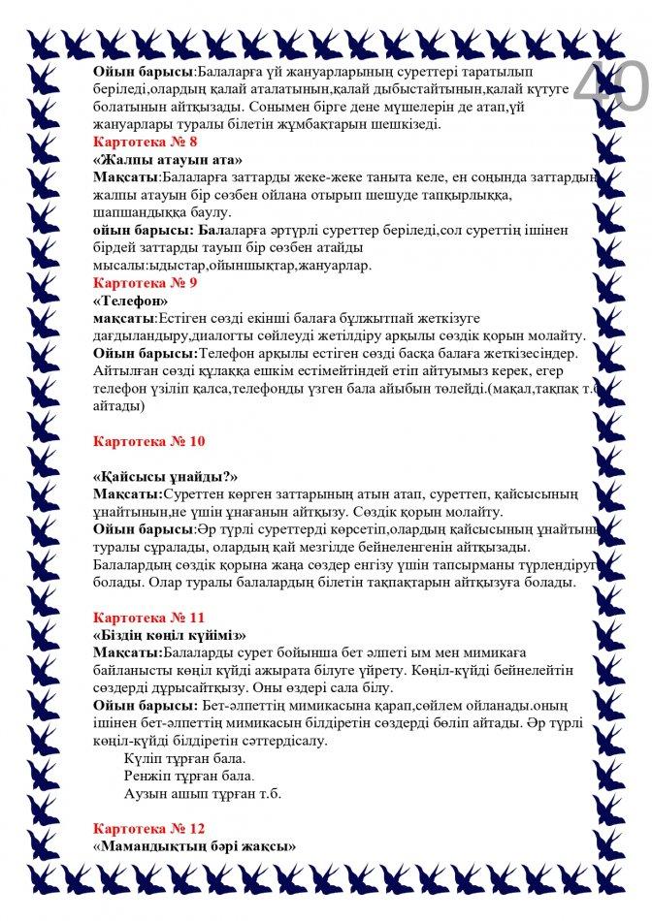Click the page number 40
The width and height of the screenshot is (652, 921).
coord(609,87)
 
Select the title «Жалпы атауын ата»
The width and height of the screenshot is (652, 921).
coord(167,159)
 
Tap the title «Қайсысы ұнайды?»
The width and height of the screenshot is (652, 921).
coord(166,477)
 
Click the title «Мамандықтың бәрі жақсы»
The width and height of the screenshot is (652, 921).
coord(193,846)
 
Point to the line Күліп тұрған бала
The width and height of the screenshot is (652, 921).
coord(185,758)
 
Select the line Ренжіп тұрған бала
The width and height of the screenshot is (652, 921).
coord(187,776)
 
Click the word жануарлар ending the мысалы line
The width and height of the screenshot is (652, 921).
coord(339,265)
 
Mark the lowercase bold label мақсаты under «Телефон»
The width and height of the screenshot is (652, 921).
coord(123,318)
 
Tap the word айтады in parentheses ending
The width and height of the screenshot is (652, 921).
coord(118,406)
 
